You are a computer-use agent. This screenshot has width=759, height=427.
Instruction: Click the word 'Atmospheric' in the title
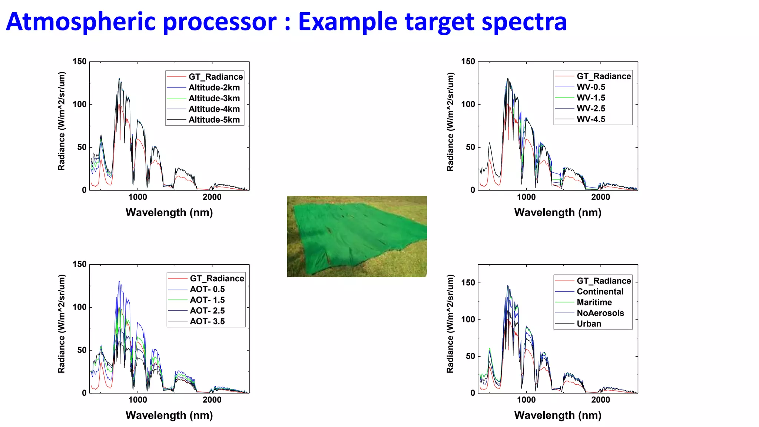(x=80, y=21)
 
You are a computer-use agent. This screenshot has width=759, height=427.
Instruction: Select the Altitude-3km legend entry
(x=214, y=98)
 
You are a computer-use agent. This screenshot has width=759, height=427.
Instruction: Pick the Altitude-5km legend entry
(x=214, y=120)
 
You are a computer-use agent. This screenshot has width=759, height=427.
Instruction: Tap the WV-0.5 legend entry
(x=591, y=87)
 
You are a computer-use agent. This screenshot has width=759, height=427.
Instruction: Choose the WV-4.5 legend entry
(x=591, y=119)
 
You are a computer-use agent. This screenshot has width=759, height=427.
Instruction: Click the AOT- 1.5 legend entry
(x=207, y=300)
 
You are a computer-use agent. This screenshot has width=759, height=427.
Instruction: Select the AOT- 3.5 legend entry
(x=207, y=321)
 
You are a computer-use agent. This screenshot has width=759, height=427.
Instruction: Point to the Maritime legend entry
(x=594, y=302)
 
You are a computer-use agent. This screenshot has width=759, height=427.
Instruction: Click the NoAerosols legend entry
(x=600, y=313)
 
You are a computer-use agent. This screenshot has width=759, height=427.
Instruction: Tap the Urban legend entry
(x=589, y=324)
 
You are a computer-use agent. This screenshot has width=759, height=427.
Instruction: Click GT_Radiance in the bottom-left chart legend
(x=217, y=278)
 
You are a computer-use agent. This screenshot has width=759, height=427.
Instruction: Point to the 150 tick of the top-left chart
(x=79, y=62)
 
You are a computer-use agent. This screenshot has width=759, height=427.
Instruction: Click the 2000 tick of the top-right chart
(x=600, y=197)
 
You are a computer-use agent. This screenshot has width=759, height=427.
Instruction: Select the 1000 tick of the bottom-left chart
(x=137, y=400)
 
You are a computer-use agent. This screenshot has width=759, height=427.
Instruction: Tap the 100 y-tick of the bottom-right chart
(x=468, y=320)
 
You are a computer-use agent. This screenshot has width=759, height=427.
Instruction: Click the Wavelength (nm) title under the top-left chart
(x=169, y=213)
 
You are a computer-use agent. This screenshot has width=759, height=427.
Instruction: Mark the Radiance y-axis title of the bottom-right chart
(x=450, y=324)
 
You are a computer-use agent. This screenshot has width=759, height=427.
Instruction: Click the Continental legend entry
(x=600, y=292)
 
